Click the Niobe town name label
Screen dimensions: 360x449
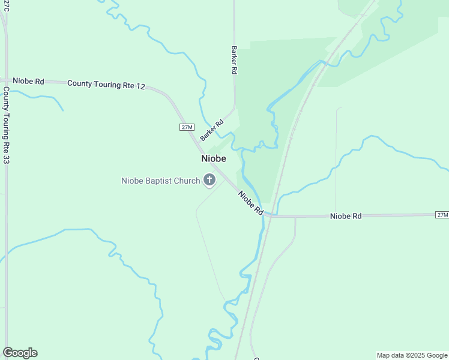pyautogui.click(x=214, y=158)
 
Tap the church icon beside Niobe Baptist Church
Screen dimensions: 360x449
pyautogui.click(x=209, y=179)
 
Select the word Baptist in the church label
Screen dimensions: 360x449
pyautogui.click(x=161, y=181)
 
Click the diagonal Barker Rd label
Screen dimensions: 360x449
pyautogui.click(x=212, y=130)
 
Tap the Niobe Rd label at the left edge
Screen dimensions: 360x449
pyautogui.click(x=28, y=81)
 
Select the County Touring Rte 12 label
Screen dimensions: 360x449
pyautogui.click(x=106, y=85)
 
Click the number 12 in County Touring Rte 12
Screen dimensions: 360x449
pyautogui.click(x=140, y=86)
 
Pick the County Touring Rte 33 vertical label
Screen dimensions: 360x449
pyautogui.click(x=7, y=125)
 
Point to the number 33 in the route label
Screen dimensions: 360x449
pyautogui.click(x=7, y=159)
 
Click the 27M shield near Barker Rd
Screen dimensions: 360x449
pyautogui.click(x=187, y=127)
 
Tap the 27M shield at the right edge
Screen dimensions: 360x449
pyautogui.click(x=442, y=215)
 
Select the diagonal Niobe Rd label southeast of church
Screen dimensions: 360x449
pyautogui.click(x=251, y=203)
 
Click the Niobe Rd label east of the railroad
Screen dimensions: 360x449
pyautogui.click(x=346, y=216)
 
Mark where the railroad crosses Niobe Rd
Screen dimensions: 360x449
pyautogui.click(x=271, y=215)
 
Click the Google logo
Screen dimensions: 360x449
pyautogui.click(x=20, y=353)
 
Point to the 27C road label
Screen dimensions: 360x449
pyautogui.click(x=5, y=5)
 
